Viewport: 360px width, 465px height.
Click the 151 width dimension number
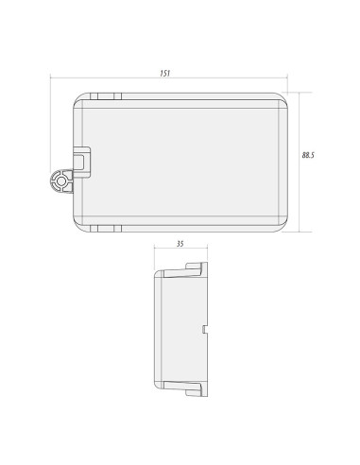165,74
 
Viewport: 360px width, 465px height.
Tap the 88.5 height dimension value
308,155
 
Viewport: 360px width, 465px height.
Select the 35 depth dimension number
180,244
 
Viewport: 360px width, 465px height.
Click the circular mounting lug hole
60,181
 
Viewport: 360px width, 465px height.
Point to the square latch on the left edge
81,163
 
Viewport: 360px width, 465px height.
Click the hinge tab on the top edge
106,96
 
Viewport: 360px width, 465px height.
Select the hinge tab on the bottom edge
106,229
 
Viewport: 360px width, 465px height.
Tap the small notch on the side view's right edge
204,329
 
